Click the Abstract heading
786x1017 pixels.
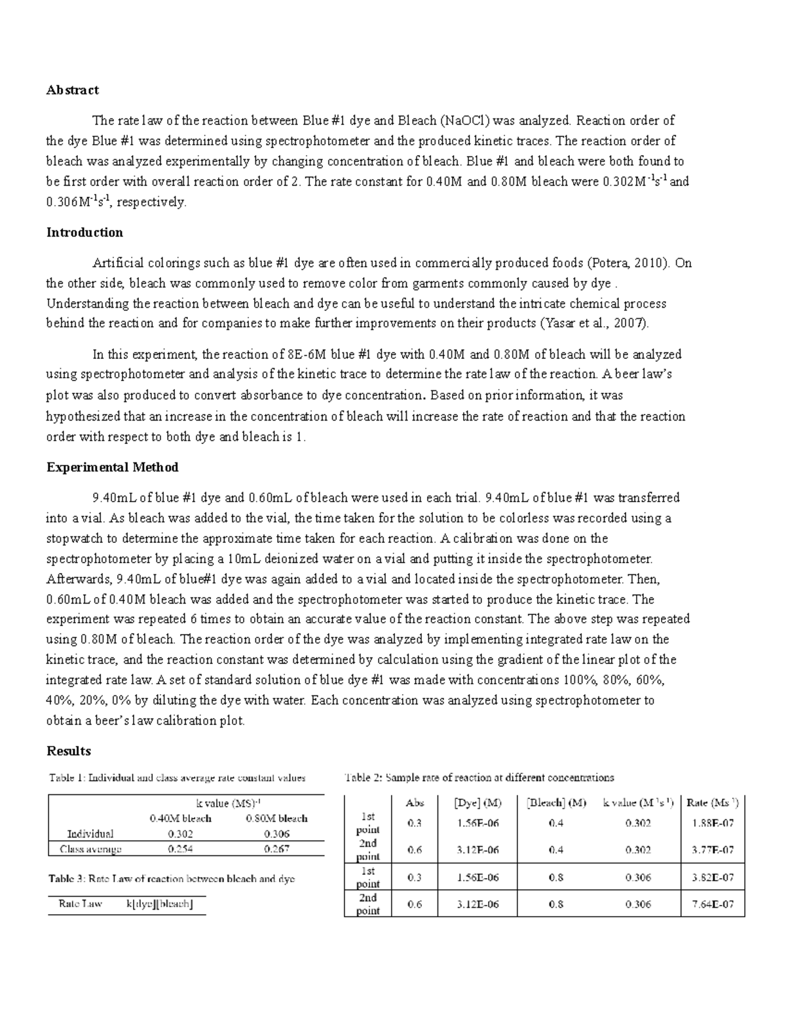pyautogui.click(x=72, y=90)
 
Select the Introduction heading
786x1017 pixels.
pyautogui.click(x=84, y=232)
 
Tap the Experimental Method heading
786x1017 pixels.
pyautogui.click(x=112, y=467)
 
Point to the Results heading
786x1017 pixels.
pyautogui.click(x=68, y=751)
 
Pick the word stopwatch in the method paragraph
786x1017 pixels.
pyautogui.click(x=75, y=538)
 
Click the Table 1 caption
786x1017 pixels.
pyautogui.click(x=177, y=778)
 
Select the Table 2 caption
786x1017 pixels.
pyautogui.click(x=479, y=778)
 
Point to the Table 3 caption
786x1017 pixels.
pyautogui.click(x=172, y=879)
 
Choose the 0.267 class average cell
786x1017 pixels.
pyautogui.click(x=276, y=849)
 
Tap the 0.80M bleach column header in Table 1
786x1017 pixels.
pyautogui.click(x=276, y=819)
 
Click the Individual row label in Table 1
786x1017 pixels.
pyautogui.click(x=90, y=834)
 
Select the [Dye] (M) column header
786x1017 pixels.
pyautogui.click(x=477, y=803)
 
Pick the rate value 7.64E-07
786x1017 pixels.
pyautogui.click(x=713, y=904)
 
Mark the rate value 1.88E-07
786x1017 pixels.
pyautogui.click(x=713, y=823)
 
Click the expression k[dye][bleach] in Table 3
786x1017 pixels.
pyautogui.click(x=160, y=904)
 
